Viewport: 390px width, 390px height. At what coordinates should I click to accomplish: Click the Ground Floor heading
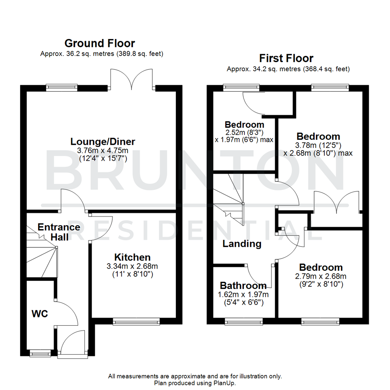click(x=100, y=43)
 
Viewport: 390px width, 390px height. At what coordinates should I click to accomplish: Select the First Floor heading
click(x=286, y=58)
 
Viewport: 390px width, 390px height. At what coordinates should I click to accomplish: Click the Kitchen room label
click(x=133, y=257)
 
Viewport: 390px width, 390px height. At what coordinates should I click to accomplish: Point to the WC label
click(x=40, y=314)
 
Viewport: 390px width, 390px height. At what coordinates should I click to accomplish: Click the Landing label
click(x=242, y=244)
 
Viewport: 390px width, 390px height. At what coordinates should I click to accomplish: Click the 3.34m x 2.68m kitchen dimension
click(x=133, y=266)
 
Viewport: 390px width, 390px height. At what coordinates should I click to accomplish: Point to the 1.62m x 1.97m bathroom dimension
click(x=240, y=294)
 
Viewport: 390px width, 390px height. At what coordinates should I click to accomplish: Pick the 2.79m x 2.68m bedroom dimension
click(x=321, y=277)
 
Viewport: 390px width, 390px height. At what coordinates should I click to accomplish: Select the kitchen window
click(x=136, y=321)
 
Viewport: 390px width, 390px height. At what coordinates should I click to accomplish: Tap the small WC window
click(x=40, y=353)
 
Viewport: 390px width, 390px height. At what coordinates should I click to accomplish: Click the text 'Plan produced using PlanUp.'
click(x=195, y=383)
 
